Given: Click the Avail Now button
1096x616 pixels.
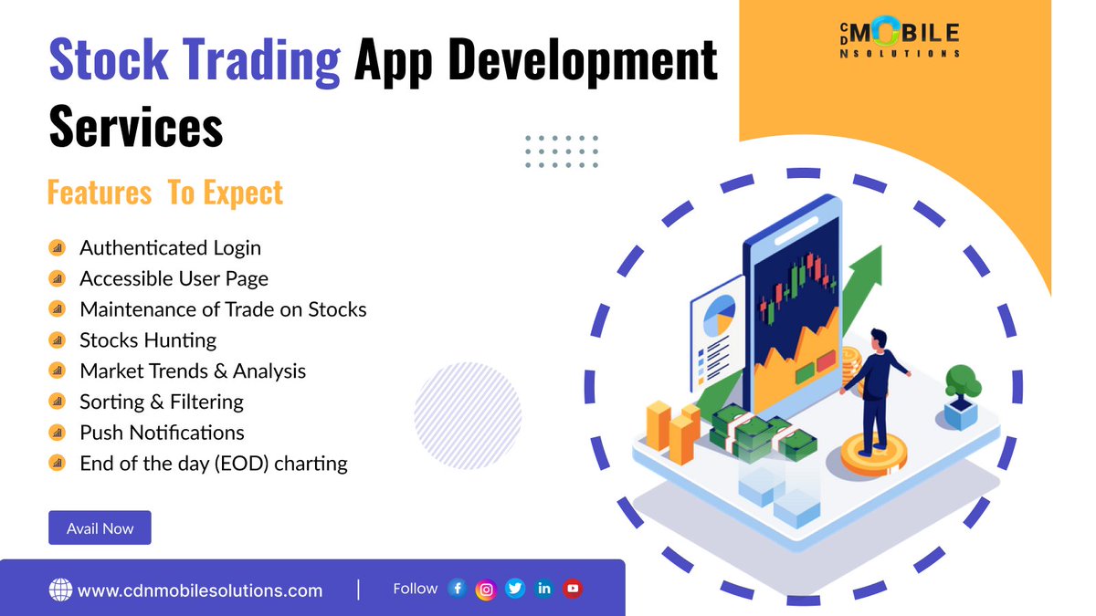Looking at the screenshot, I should (100, 527).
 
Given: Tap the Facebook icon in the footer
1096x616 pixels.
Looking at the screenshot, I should (458, 590).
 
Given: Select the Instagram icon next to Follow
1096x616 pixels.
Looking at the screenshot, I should (487, 590).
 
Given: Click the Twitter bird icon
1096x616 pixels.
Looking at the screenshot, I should (515, 590).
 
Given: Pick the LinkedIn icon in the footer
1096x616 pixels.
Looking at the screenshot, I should (544, 590).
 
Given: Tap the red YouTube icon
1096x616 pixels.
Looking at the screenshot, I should (573, 590).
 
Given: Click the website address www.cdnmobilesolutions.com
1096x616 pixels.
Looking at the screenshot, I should (200, 590).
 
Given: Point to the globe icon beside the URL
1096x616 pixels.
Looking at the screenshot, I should (60, 590).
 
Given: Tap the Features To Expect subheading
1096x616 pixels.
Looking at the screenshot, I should (165, 193).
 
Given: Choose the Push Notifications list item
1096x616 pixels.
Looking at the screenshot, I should (162, 432).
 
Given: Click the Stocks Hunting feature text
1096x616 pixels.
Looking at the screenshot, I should (148, 340).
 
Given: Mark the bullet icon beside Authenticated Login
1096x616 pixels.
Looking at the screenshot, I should (57, 248).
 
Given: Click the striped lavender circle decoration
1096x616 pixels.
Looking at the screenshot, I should (468, 415).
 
